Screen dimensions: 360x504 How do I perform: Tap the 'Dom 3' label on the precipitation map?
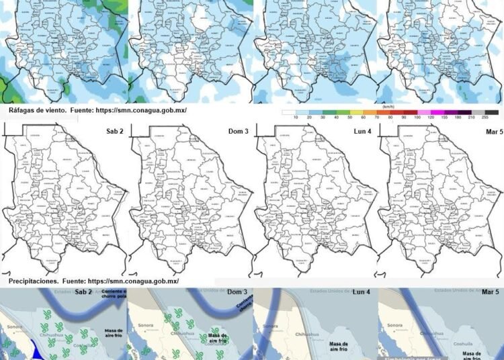coord(239,131)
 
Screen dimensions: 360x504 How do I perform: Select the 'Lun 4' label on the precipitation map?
coord(364,131)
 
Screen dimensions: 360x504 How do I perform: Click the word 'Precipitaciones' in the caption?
coord(34,281)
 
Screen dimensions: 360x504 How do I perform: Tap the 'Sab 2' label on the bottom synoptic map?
coord(83,293)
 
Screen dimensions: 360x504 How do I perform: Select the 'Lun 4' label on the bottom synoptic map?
coord(362,293)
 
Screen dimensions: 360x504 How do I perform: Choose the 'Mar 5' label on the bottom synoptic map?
coord(490,293)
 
